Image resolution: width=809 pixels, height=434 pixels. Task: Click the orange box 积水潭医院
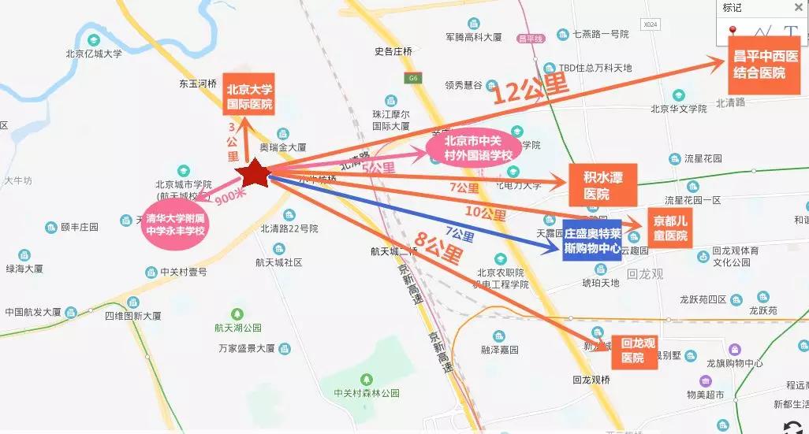point(602,184)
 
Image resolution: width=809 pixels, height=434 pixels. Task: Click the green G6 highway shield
point(413,78)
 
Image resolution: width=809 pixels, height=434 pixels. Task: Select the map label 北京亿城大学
point(94,54)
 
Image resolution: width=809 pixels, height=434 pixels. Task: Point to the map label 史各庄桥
point(393,51)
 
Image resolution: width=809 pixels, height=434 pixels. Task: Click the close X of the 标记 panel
point(797,8)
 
